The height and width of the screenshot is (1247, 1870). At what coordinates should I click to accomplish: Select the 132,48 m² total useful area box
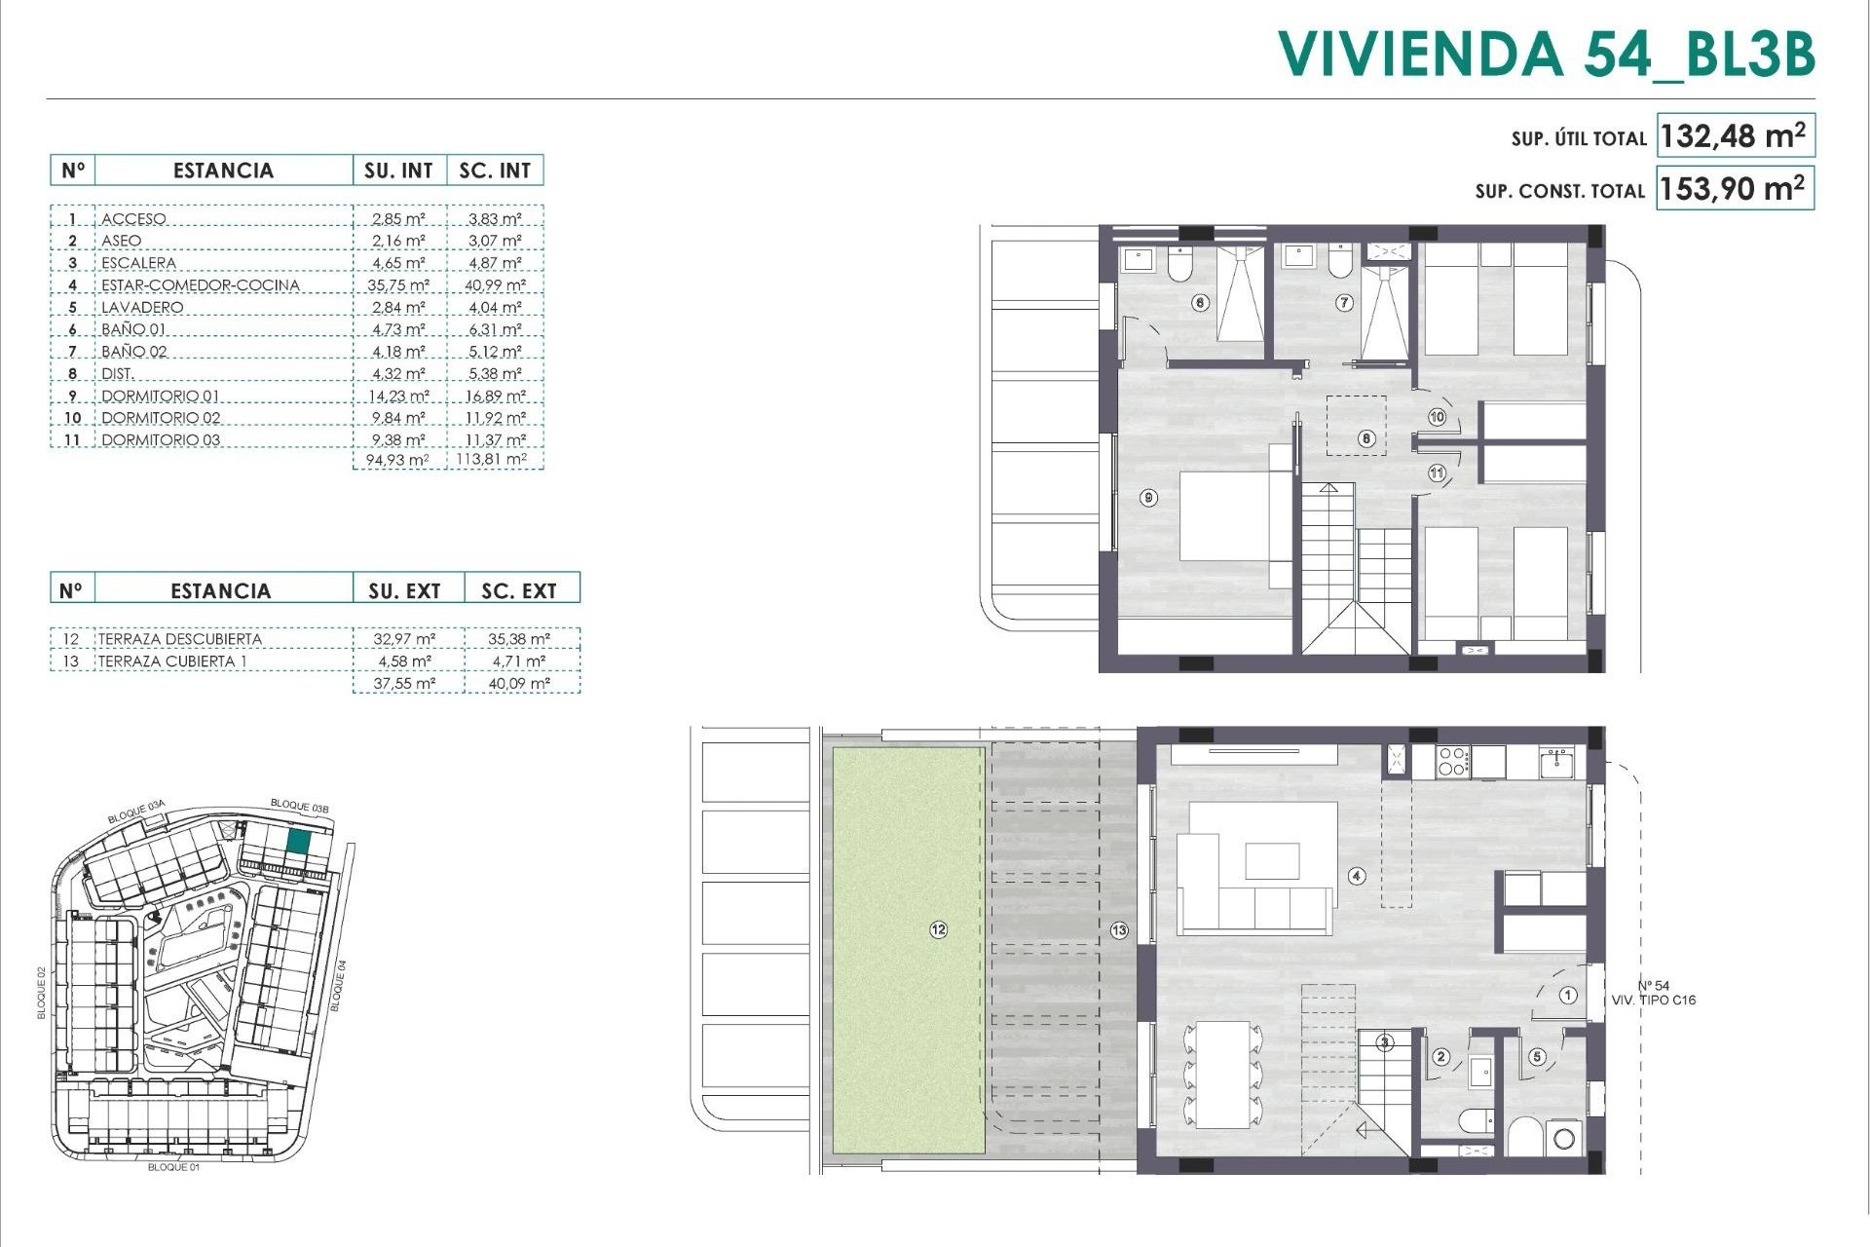click(x=1734, y=135)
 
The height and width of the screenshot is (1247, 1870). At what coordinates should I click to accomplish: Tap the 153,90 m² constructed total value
click(x=1734, y=188)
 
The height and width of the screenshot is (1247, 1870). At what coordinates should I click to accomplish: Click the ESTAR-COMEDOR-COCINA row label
click(x=201, y=284)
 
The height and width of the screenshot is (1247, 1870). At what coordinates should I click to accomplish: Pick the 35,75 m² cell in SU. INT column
click(x=399, y=284)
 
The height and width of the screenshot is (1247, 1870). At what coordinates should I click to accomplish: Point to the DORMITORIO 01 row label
click(x=161, y=396)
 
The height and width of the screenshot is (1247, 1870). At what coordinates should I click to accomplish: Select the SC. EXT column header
click(x=519, y=590)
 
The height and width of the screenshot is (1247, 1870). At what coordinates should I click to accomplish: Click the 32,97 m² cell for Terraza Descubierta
click(x=404, y=639)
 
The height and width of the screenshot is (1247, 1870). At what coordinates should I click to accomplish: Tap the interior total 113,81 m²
click(x=492, y=459)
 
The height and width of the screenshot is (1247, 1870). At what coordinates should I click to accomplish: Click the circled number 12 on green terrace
click(x=938, y=929)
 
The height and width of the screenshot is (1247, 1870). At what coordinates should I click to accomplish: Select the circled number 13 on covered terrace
click(x=1119, y=930)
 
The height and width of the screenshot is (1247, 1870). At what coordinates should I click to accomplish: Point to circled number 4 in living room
click(x=1357, y=876)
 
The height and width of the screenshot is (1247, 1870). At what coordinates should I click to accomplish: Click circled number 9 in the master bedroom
click(x=1149, y=498)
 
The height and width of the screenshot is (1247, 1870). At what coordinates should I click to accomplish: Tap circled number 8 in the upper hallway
click(x=1366, y=438)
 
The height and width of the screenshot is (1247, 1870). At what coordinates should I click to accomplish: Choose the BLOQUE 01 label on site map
click(x=173, y=1167)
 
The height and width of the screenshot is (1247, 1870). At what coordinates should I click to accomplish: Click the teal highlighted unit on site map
click(x=299, y=842)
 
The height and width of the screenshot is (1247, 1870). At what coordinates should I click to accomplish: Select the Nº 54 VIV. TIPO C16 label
click(x=1653, y=993)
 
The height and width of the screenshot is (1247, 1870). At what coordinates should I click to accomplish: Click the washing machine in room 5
click(x=1564, y=1137)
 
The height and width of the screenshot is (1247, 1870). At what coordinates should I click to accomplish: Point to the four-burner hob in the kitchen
click(x=1452, y=761)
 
